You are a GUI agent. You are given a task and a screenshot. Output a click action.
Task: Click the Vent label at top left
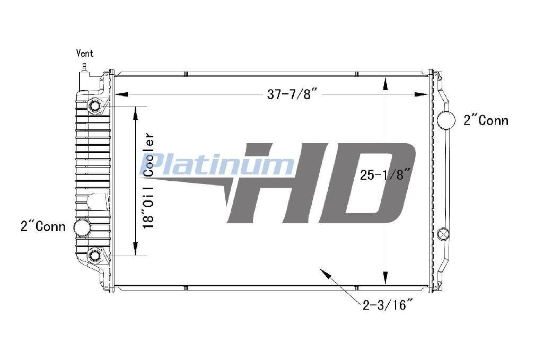coord(84,54)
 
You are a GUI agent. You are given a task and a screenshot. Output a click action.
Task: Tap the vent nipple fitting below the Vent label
coord(84,66)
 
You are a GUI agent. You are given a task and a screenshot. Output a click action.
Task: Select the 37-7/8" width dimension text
coord(292,94)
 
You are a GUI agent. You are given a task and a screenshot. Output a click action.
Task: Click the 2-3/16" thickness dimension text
coord(388,305)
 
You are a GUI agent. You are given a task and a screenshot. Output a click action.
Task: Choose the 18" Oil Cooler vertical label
coord(149,181)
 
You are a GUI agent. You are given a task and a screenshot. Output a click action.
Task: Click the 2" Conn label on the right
coord(486,120)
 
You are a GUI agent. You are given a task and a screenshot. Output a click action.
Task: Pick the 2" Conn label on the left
coord(43,226)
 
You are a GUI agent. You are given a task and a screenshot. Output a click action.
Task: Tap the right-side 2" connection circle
coord(446,120)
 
